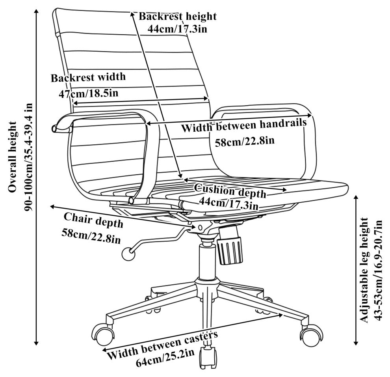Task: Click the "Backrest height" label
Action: point(177,16)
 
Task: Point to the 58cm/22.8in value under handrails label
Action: point(245,141)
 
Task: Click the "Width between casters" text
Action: point(162,346)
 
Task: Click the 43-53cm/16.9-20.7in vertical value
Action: point(379,269)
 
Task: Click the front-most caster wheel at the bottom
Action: point(207,357)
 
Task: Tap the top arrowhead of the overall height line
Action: point(37,12)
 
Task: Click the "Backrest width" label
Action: point(88,77)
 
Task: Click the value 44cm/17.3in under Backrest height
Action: point(177,28)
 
